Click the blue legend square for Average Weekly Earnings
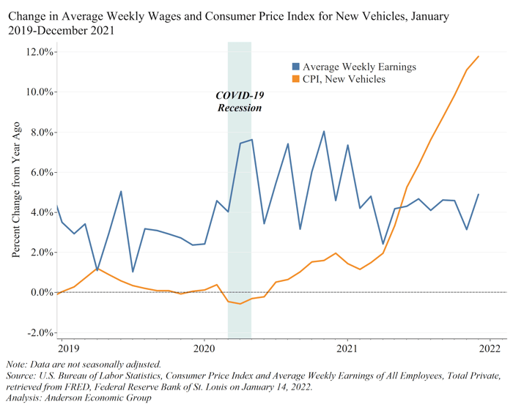point(295,67)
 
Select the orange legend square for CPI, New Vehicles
point(295,79)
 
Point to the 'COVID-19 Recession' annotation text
point(240,102)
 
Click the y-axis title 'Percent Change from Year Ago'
point(16,192)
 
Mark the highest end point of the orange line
point(479,56)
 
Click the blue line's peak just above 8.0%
point(324,132)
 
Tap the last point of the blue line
point(479,195)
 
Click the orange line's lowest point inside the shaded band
point(240,303)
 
